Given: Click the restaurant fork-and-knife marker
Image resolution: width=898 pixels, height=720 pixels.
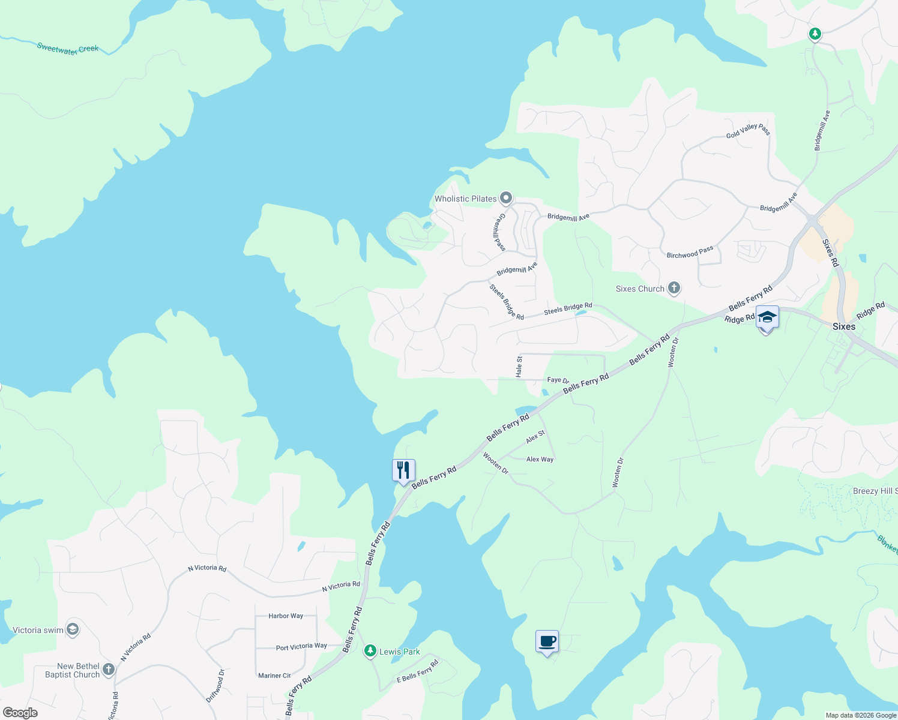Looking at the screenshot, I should [403, 470].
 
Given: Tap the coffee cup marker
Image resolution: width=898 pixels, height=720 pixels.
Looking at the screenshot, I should [547, 641].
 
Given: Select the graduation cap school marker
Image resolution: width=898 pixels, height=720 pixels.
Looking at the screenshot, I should [767, 317].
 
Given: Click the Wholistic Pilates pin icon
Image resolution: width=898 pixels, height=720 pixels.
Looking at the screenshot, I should [506, 198].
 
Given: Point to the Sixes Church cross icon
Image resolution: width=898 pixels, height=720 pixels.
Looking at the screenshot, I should [674, 289].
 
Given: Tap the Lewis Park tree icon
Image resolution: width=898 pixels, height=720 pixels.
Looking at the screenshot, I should [370, 651].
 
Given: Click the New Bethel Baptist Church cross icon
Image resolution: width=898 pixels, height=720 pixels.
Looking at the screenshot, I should [109, 670].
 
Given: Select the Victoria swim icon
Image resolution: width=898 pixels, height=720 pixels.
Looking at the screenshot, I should [73, 629].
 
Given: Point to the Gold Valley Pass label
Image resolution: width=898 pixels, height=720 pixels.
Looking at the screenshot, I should [748, 131].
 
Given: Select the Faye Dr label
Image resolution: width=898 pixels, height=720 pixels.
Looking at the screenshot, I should [558, 380].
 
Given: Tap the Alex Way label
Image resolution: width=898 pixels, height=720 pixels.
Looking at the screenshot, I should [540, 460].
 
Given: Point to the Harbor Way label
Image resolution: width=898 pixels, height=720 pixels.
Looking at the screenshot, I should [286, 616].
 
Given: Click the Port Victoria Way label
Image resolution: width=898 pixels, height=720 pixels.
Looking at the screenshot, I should [301, 647].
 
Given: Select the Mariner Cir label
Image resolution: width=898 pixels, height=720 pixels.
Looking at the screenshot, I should [274, 676].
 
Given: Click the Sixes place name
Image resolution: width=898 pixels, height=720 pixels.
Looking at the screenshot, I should [843, 326].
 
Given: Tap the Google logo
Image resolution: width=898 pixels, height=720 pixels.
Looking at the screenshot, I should [20, 713].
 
